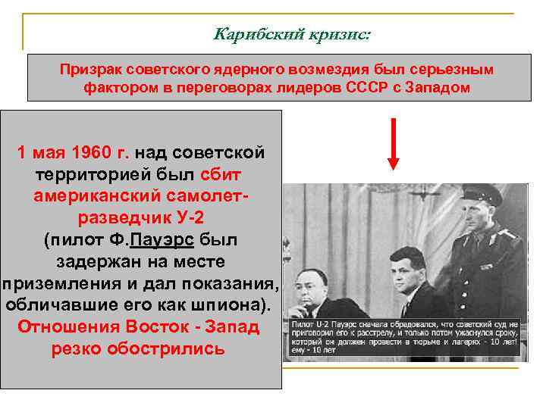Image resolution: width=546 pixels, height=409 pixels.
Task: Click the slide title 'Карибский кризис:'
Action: click(x=293, y=34)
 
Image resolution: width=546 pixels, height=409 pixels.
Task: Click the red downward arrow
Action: click(x=394, y=144)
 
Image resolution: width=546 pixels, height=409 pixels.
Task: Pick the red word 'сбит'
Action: click(x=221, y=174)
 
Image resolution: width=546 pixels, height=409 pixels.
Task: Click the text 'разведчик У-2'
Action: click(x=140, y=218)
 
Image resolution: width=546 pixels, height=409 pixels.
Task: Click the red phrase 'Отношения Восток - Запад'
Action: click(x=138, y=328)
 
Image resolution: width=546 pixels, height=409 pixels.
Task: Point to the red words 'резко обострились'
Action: click(x=138, y=350)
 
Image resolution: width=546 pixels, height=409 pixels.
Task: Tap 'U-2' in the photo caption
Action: click(x=328, y=323)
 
